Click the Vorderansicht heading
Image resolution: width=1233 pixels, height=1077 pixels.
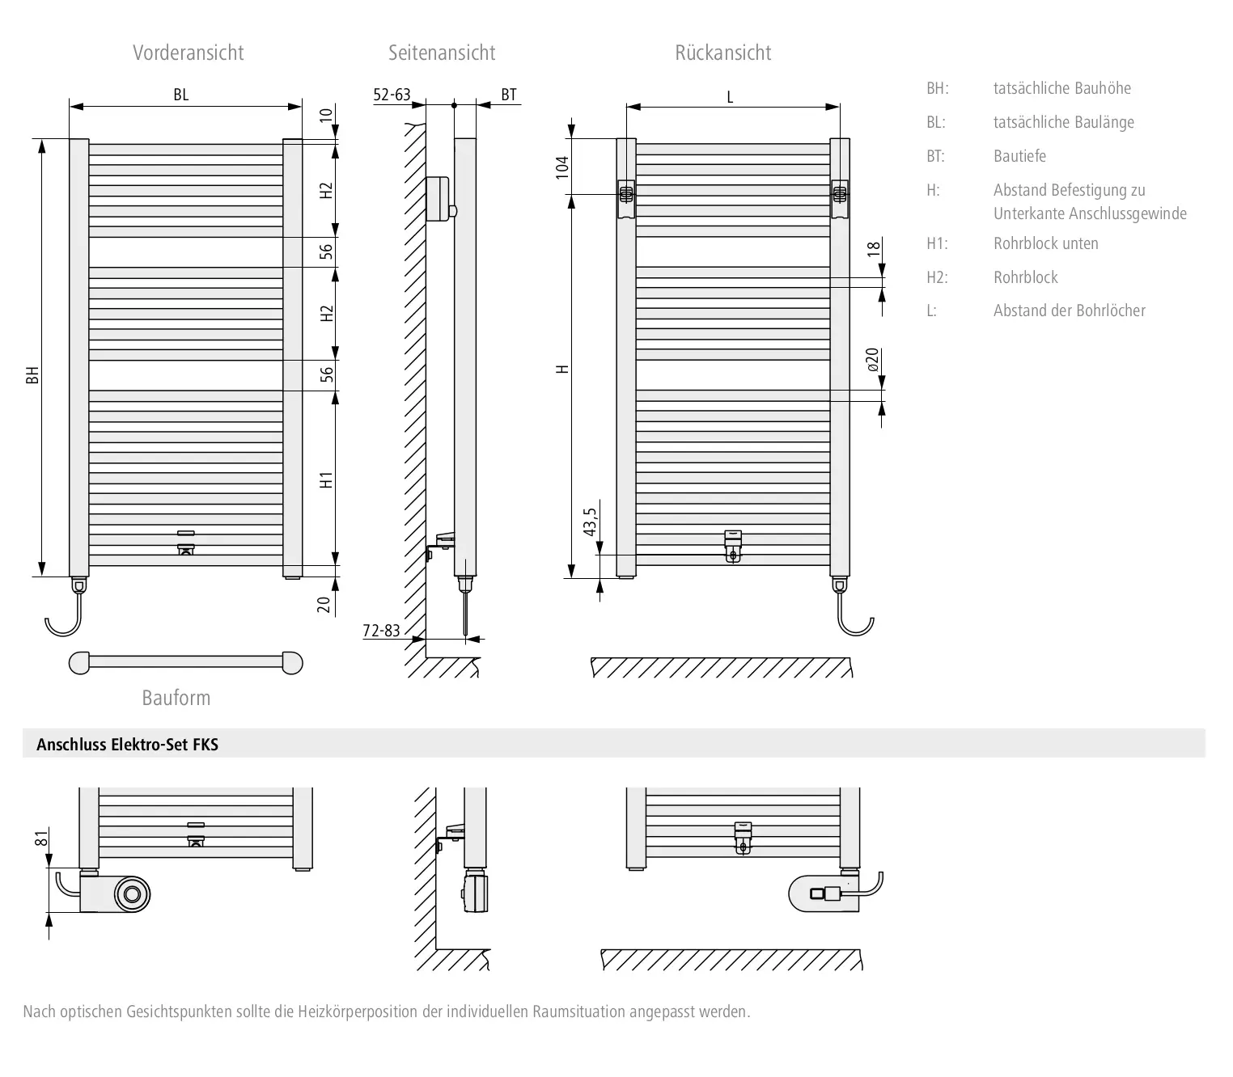188,53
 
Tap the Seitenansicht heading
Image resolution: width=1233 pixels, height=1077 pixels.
442,53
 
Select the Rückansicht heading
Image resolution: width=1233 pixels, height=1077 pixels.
722,53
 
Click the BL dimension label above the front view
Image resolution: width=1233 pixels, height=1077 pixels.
180,95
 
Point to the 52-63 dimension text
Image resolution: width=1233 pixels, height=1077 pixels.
392,95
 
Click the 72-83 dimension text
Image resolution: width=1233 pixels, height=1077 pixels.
382,630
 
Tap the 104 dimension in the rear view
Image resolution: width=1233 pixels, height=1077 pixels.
561,167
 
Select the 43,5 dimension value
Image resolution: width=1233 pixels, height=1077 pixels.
590,522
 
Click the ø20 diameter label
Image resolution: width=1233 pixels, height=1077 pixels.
872,360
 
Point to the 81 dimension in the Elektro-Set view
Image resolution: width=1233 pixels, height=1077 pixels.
41,838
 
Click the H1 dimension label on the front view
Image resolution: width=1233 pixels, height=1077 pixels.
326,480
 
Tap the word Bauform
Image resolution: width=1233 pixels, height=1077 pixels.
176,698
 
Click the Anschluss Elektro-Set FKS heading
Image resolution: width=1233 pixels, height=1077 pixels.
127,745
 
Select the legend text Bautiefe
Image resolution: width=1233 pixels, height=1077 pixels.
1019,156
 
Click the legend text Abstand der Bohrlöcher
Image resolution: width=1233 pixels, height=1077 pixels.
1069,310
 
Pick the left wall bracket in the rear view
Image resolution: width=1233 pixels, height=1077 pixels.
626,198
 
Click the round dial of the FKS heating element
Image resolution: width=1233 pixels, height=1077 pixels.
132,894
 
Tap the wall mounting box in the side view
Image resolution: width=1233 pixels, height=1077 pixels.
439,199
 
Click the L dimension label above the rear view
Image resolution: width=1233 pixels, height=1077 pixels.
730,98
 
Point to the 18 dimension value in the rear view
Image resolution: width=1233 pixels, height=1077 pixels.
873,247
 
